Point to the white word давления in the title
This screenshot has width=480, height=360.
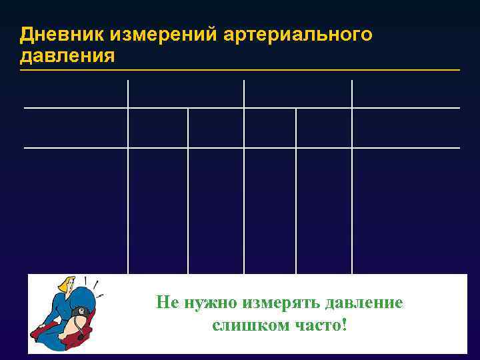click(67, 55)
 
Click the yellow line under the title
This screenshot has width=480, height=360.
click(240, 69)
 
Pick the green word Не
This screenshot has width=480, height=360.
click(165, 303)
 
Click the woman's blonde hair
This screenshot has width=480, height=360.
click(67, 285)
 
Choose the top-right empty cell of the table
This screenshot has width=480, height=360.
click(405, 93)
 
